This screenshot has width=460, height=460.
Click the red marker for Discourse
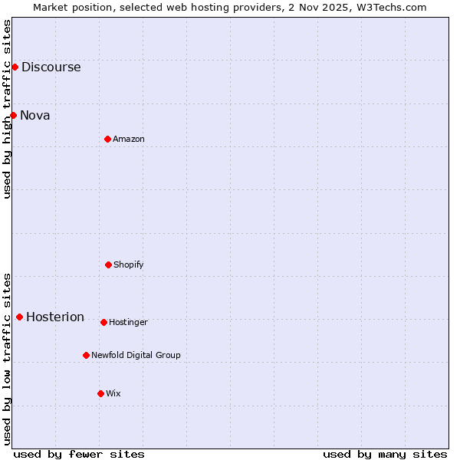15,67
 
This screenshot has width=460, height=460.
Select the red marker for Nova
13,115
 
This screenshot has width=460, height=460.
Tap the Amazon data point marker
107,139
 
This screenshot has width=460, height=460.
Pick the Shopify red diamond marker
108,264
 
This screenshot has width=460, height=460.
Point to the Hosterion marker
19,317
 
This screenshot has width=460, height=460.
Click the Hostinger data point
103,322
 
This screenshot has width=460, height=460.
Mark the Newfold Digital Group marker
86,355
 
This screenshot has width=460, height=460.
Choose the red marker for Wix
100,393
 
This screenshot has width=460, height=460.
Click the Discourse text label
51,67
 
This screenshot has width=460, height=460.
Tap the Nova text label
35,115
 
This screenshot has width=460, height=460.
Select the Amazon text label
129,139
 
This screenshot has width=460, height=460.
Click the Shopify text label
129,264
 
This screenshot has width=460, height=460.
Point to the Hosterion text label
55,317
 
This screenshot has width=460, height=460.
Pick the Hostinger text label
128,322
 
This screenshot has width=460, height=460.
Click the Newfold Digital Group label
136,355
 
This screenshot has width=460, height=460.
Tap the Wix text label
113,393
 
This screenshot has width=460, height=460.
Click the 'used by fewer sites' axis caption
79,454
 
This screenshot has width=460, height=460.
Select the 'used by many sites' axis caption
385,454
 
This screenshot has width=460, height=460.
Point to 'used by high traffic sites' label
7,109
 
